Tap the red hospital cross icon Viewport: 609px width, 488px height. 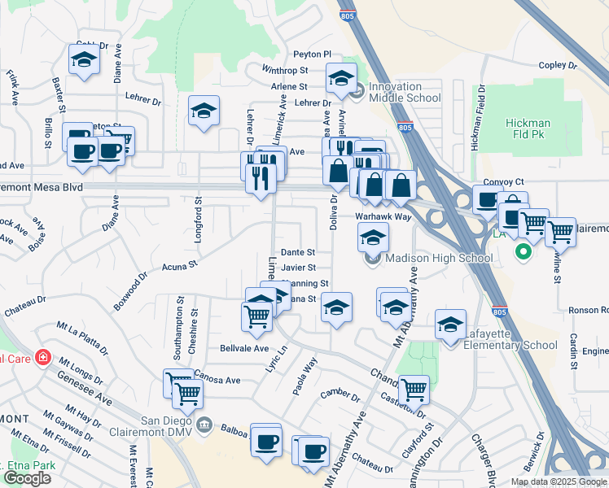point(42,358)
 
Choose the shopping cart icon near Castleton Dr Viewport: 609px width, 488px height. point(414,388)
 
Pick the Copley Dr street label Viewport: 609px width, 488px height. point(558,65)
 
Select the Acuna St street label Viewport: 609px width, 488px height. point(180,265)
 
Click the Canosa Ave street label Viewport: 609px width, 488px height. point(217,380)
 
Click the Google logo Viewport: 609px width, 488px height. point(27,478)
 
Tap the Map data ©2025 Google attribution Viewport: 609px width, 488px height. point(558,481)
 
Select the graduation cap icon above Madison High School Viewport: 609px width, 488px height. point(373,237)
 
